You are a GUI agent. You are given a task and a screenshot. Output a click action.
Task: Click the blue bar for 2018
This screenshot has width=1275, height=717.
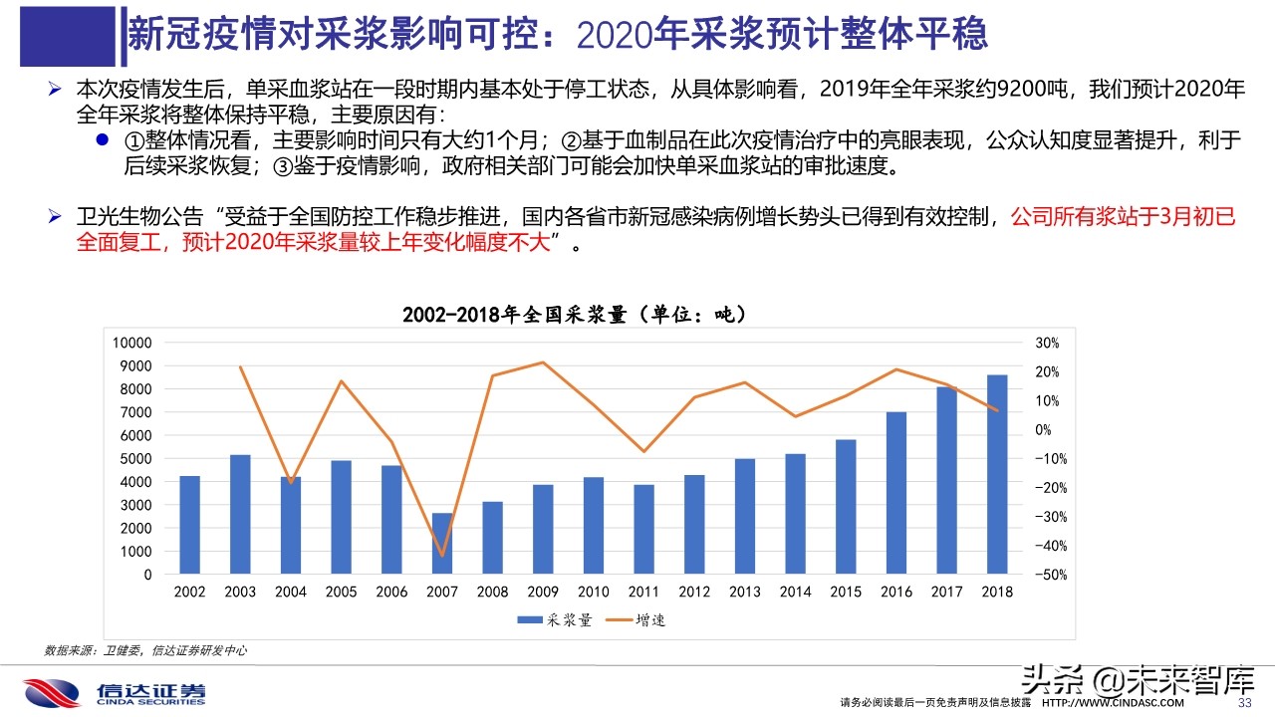[x=997, y=474]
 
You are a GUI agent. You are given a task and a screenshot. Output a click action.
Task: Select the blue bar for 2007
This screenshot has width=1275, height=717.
[x=442, y=544]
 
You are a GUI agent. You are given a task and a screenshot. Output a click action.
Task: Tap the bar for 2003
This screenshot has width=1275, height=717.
[x=240, y=514]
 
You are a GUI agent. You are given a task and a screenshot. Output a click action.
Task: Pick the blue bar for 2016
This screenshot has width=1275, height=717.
[x=896, y=493]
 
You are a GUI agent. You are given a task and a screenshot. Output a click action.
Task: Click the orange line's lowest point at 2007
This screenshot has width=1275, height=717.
[x=442, y=556]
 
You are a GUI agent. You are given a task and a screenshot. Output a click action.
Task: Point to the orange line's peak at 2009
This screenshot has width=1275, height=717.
[x=543, y=362]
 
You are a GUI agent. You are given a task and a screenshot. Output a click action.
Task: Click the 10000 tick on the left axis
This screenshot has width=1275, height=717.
[x=133, y=343]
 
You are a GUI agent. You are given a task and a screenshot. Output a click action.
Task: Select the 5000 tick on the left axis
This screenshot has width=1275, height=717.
[x=136, y=459]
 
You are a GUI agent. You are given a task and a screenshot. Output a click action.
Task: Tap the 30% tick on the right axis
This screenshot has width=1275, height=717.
[x=1048, y=343]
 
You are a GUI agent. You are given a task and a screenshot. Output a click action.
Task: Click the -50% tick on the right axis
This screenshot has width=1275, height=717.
[x=1050, y=575]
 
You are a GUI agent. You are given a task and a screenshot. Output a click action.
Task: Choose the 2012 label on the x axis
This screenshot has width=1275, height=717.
[x=694, y=592]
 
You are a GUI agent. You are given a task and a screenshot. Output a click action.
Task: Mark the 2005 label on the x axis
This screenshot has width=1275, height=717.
[x=341, y=592]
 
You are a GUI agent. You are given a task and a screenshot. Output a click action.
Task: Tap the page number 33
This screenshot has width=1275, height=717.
[x=1243, y=703]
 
